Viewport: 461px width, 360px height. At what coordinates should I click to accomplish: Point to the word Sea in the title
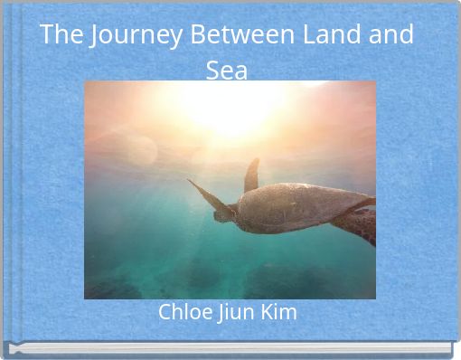point(227,70)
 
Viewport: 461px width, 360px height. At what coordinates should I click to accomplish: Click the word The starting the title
point(60,35)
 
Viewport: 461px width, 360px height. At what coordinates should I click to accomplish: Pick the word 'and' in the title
point(390,35)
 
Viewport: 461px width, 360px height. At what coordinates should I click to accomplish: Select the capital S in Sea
point(212,70)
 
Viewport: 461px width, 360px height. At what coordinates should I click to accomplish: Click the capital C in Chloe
point(165,312)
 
